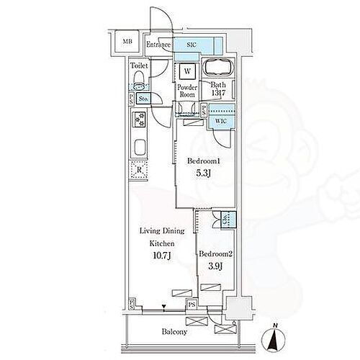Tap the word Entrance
158,45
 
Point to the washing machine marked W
186,71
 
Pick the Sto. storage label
144,99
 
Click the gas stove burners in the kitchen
138,120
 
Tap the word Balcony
175,332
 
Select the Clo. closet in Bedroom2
225,221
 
